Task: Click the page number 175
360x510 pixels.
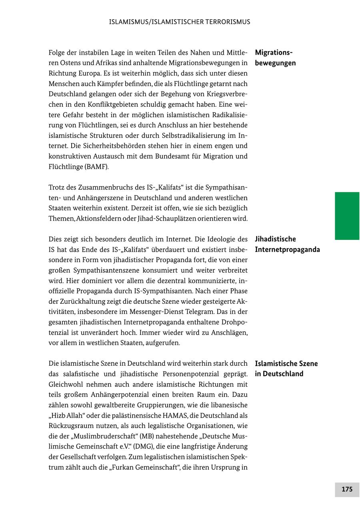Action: click(347, 489)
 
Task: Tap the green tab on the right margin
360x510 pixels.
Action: click(347, 216)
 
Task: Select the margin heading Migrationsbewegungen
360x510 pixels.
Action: click(275, 58)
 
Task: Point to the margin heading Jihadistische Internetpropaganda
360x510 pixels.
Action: click(287, 244)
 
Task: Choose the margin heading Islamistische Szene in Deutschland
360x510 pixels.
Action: click(286, 369)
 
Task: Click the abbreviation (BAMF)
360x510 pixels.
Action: click(96, 167)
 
